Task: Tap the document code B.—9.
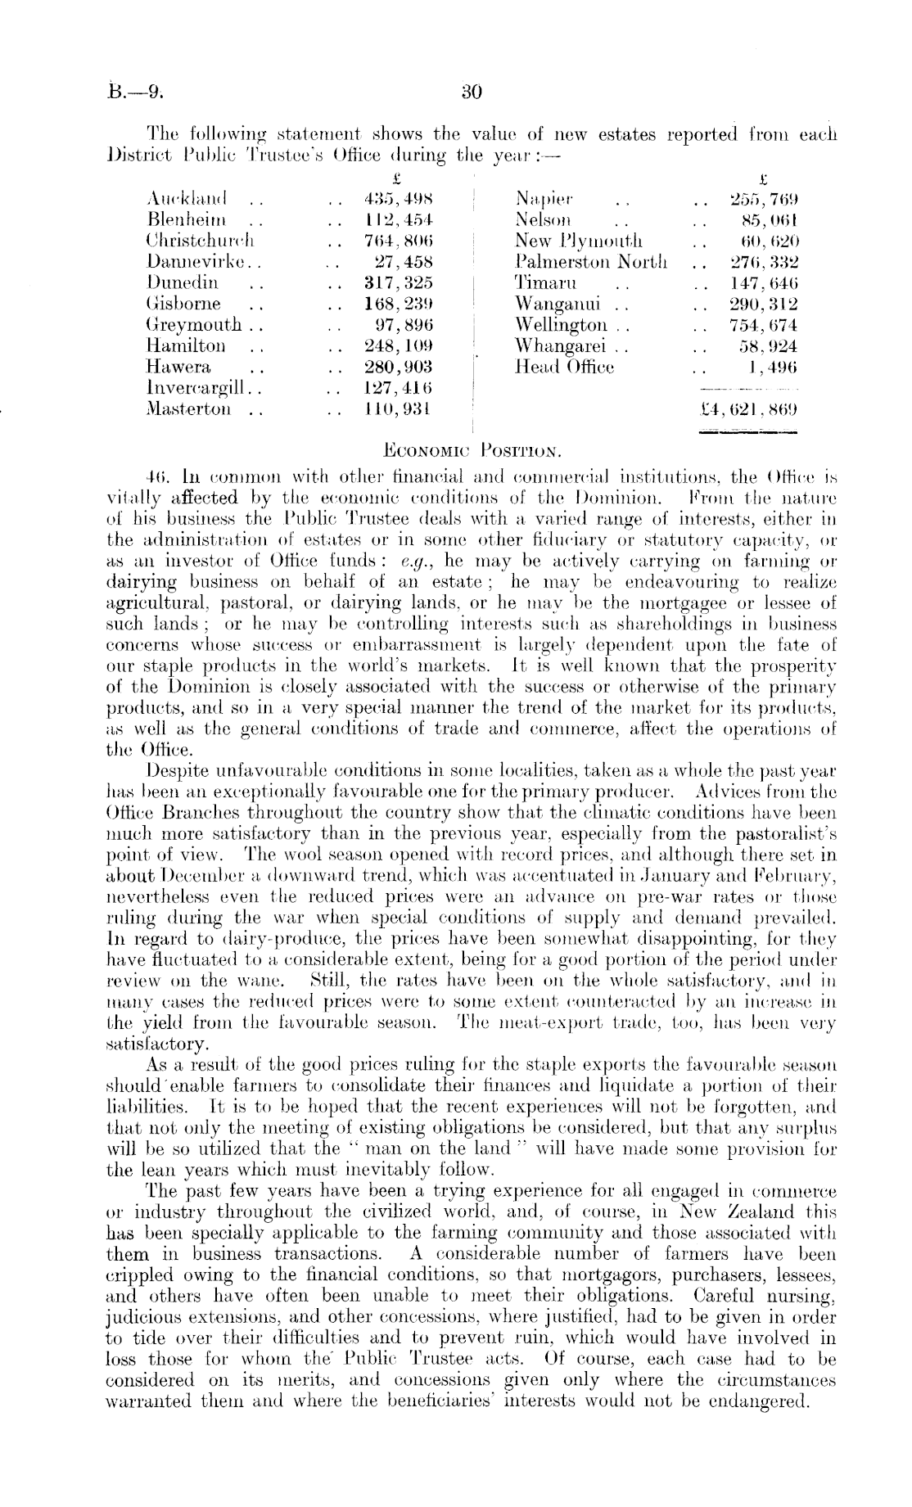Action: point(138,92)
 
